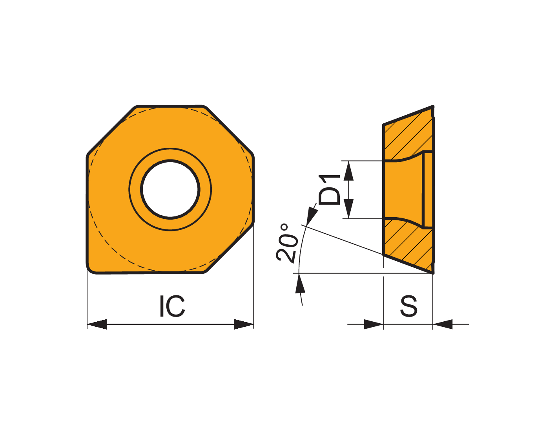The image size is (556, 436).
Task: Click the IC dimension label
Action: (x=172, y=306)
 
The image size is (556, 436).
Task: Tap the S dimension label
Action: (x=408, y=306)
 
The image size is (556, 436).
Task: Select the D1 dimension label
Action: (x=329, y=190)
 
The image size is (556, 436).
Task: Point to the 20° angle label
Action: (x=287, y=243)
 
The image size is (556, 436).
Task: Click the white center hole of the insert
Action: (x=170, y=189)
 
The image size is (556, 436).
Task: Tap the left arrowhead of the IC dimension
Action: (x=97, y=324)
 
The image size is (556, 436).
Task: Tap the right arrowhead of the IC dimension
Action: (x=244, y=324)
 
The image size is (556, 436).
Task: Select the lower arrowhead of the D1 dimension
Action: (x=348, y=209)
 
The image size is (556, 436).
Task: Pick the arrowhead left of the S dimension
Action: (x=374, y=324)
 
